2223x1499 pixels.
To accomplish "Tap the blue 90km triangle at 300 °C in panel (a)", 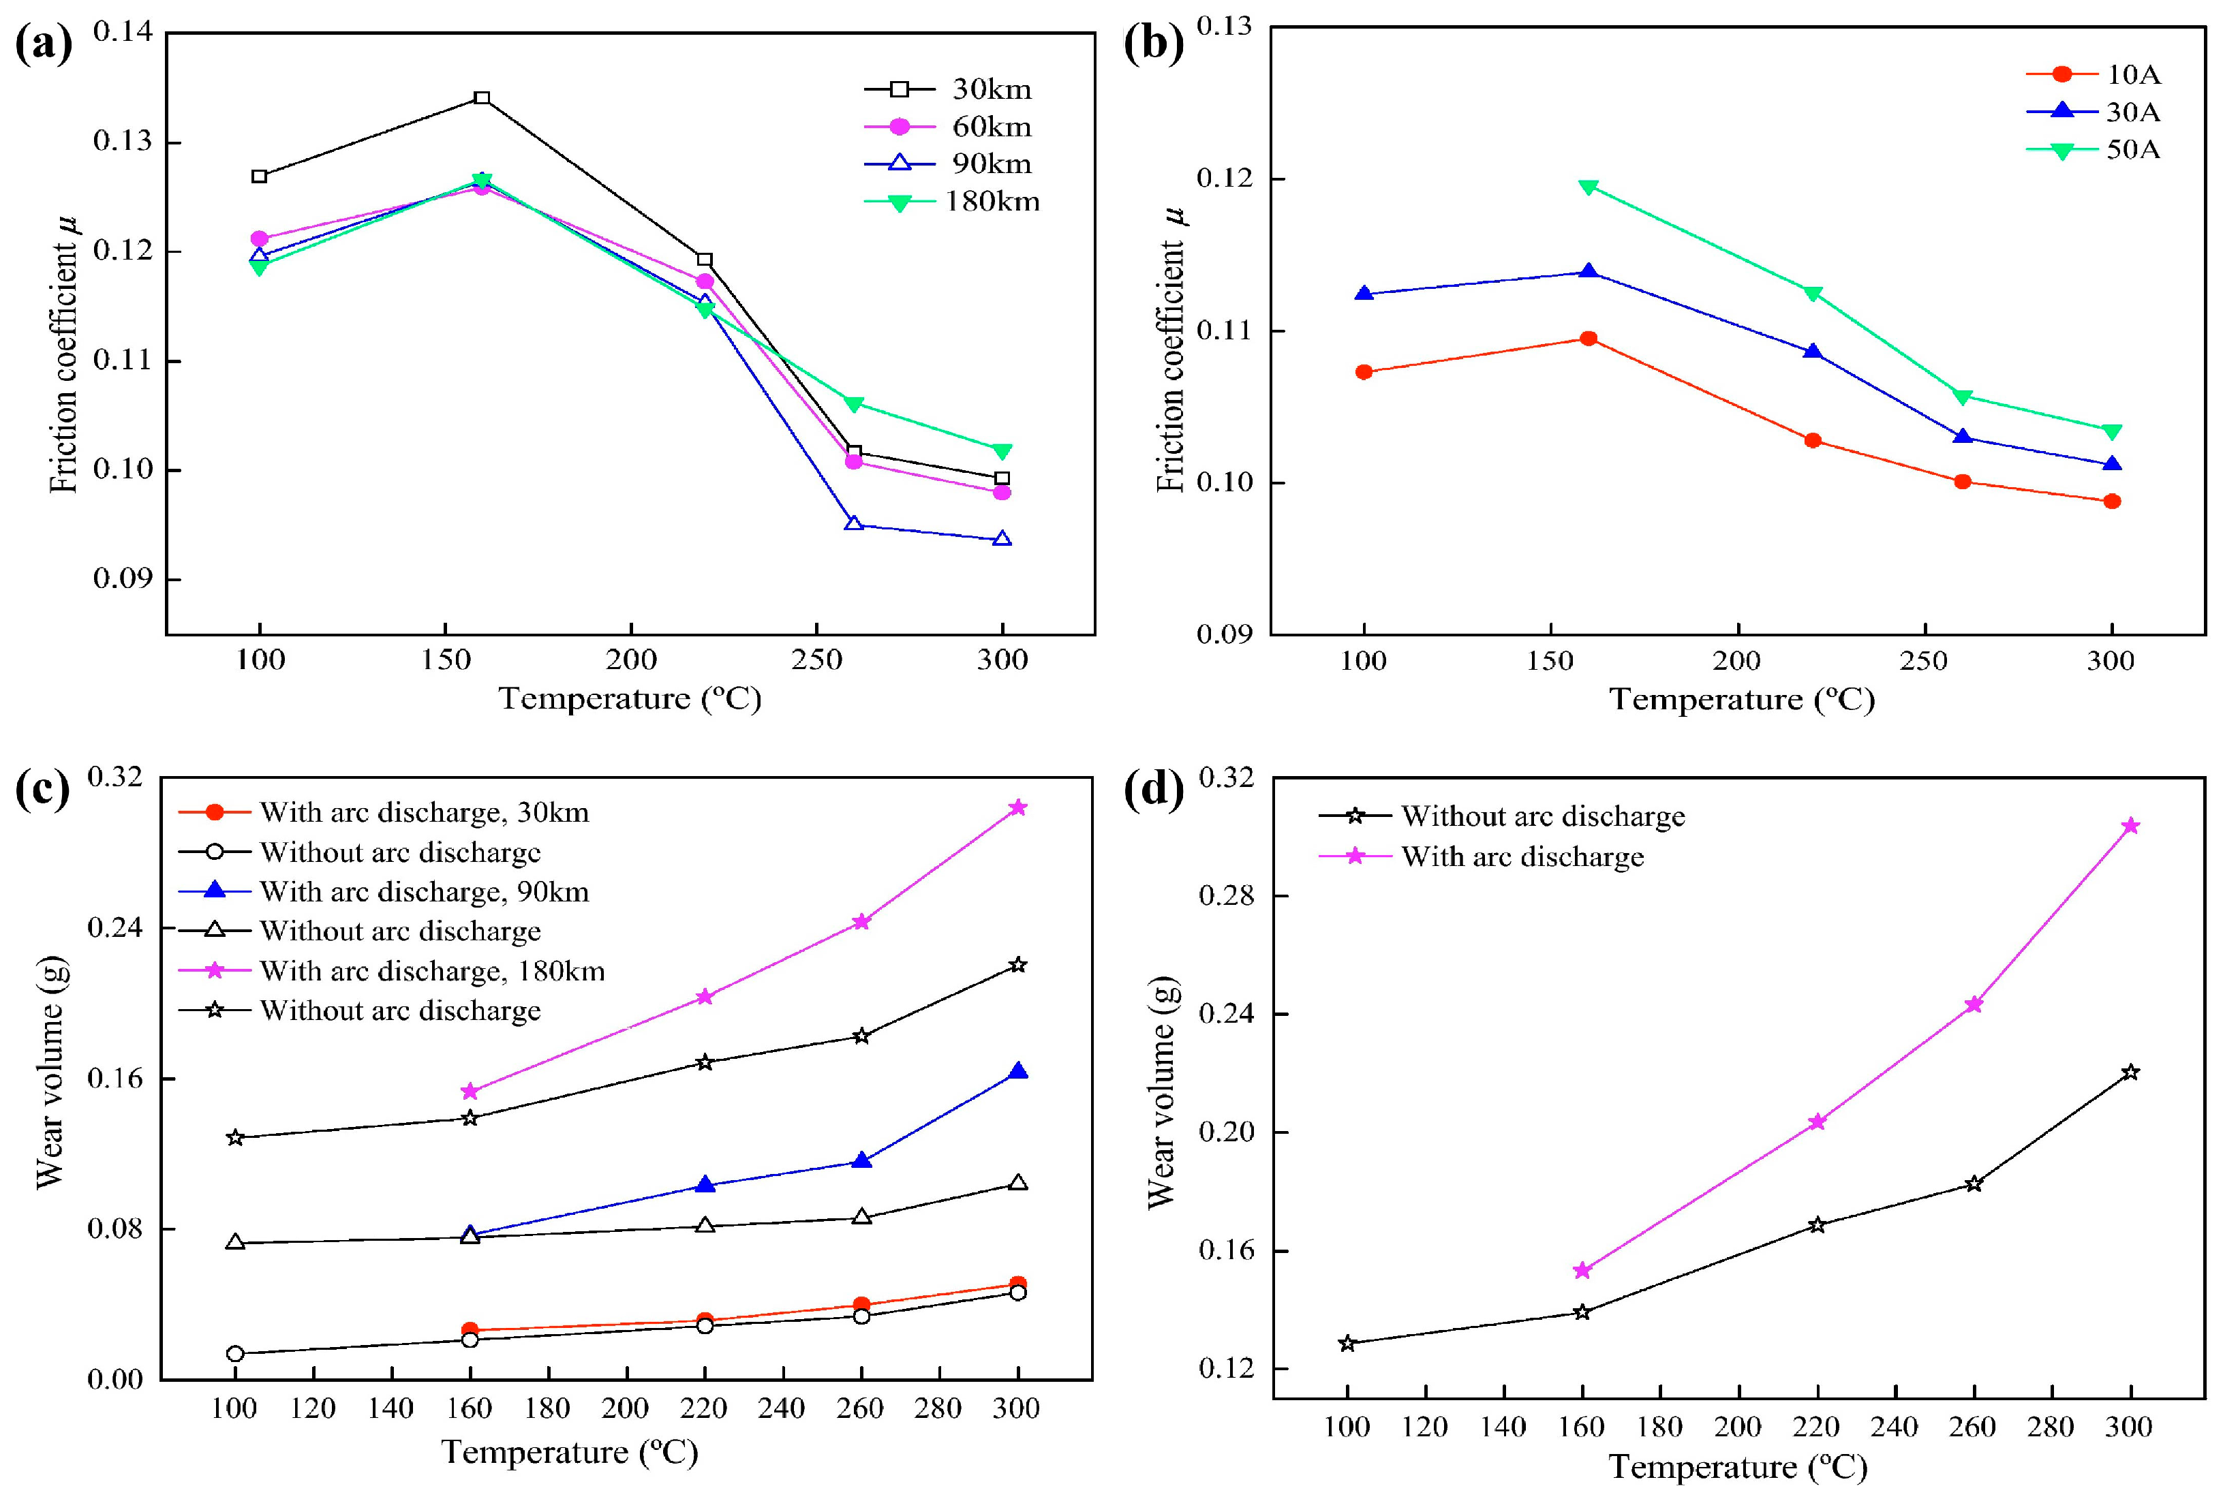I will click(x=1002, y=539).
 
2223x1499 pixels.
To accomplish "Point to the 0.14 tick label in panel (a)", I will click(x=123, y=31).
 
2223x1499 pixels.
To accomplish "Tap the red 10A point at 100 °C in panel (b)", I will click(x=1364, y=372).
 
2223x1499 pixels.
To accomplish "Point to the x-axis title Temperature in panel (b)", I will click(x=1741, y=699).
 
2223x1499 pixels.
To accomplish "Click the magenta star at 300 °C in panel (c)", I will click(x=1018, y=808).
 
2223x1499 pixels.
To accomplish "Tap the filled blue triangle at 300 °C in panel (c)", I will click(x=1018, y=1070).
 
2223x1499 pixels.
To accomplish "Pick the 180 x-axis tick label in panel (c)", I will click(x=548, y=1408).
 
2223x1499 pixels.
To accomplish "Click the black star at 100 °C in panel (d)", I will click(x=1347, y=1343).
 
